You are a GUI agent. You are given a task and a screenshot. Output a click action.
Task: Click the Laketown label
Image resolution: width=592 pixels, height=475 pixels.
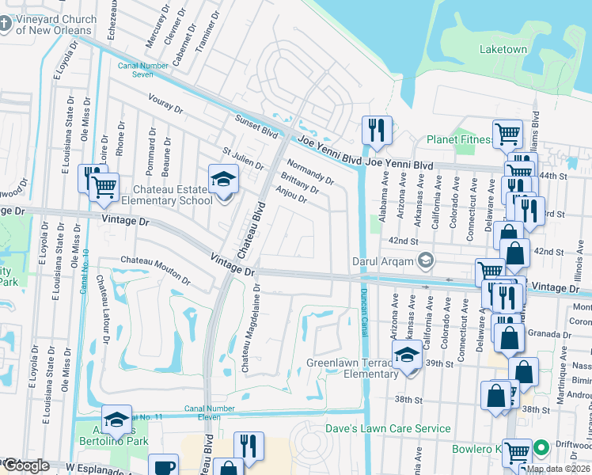coord(503,49)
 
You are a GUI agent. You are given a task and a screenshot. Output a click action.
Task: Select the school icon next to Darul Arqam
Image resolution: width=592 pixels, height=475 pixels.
coord(426,260)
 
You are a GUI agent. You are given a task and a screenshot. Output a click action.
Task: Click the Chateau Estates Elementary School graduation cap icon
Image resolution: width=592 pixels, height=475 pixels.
coord(223,180)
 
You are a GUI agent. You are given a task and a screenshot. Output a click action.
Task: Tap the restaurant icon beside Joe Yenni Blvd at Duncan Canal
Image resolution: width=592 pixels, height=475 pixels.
coord(376,131)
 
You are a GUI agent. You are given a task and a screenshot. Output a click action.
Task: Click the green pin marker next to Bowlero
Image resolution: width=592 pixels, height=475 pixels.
coord(541,449)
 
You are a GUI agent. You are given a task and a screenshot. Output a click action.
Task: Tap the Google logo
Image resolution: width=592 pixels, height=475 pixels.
coord(25,465)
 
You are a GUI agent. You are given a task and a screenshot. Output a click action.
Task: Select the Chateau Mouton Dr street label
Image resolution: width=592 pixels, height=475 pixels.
coord(155,270)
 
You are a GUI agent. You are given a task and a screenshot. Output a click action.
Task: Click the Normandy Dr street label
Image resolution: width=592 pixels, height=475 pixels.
coord(309,172)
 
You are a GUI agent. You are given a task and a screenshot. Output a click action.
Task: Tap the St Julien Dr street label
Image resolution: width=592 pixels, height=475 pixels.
coord(243,158)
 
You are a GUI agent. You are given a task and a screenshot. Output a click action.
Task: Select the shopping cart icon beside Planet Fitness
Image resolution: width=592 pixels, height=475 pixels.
coord(507,134)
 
